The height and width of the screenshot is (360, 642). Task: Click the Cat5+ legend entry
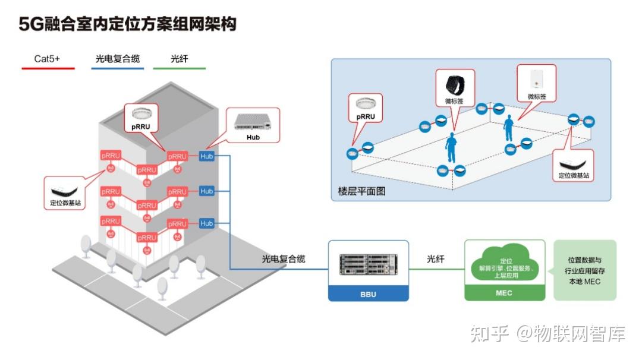[47, 59]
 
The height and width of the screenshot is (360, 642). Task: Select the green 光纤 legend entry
[179, 59]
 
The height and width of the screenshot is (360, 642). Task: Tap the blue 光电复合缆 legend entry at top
[117, 59]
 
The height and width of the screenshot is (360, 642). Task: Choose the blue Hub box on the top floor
[206, 156]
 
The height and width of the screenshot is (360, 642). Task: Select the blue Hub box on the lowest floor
[206, 223]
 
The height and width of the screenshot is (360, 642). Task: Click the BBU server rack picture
[368, 265]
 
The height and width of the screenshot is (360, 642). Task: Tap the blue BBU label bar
[368, 294]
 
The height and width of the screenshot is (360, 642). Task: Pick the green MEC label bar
[504, 293]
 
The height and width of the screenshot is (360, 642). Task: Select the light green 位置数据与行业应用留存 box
[585, 270]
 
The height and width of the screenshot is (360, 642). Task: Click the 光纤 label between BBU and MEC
[436, 260]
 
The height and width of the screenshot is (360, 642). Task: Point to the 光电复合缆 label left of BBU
[284, 260]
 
